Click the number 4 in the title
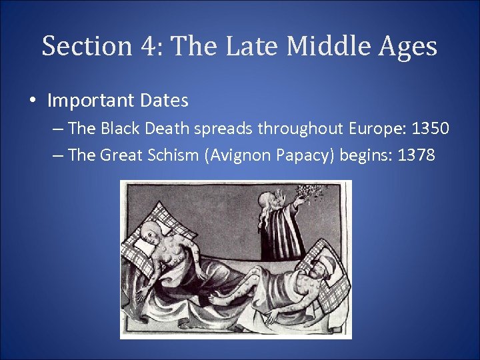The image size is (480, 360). pyautogui.click(x=148, y=47)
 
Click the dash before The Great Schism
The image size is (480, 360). pyautogui.click(x=58, y=156)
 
